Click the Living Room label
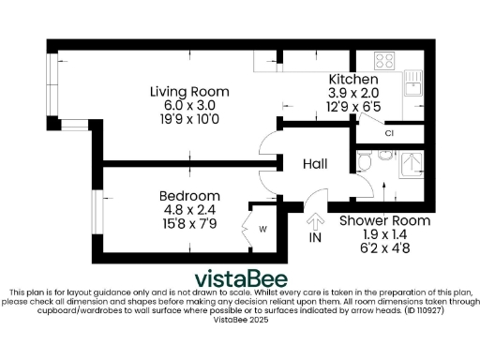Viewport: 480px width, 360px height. click(190, 91)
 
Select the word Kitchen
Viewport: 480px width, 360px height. click(352, 80)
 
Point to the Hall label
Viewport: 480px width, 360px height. click(315, 164)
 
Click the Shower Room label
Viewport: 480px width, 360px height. click(371, 221)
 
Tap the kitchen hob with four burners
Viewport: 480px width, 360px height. click(383, 62)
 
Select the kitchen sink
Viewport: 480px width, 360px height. click(412, 88)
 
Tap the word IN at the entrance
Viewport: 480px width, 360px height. click(315, 239)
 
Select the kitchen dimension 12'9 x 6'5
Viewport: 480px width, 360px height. click(352, 108)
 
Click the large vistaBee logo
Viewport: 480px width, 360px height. click(241, 279)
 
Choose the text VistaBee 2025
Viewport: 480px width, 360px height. click(240, 320)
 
